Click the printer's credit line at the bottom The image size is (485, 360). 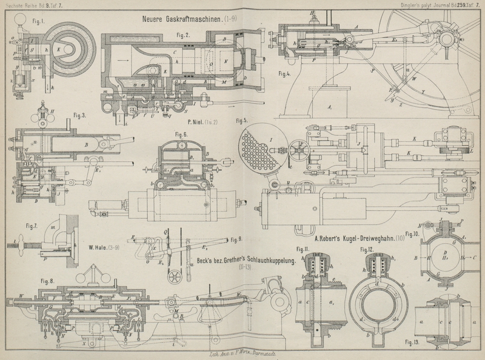pyautogui.click(x=242, y=353)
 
